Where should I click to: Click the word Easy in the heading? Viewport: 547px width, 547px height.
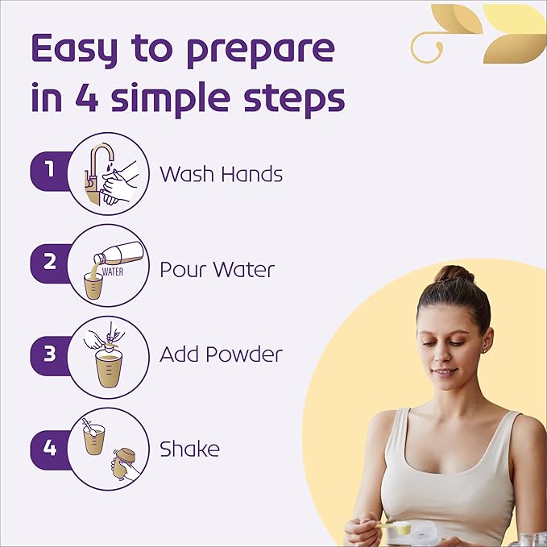tap(74, 50)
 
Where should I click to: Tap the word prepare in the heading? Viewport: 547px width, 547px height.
tap(260, 53)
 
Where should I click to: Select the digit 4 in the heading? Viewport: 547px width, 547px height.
tap(86, 97)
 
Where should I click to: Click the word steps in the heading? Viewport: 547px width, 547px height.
tap(294, 100)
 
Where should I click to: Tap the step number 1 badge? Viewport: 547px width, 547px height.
tap(50, 171)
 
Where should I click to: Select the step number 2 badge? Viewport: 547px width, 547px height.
tap(50, 263)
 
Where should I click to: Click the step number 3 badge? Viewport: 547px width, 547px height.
tap(50, 355)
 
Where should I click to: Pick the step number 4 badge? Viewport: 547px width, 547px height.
tap(50, 450)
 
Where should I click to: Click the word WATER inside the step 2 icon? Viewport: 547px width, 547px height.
tap(113, 271)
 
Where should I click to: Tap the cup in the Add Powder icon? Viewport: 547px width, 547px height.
tap(109, 369)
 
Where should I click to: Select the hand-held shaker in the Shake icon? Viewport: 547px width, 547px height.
tap(125, 465)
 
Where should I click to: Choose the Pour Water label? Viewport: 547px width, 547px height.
tap(217, 269)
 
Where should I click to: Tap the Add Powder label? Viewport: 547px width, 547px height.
tap(221, 354)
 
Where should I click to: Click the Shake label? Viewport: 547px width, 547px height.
tap(189, 448)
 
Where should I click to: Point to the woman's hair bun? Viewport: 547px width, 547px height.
tap(454, 275)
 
